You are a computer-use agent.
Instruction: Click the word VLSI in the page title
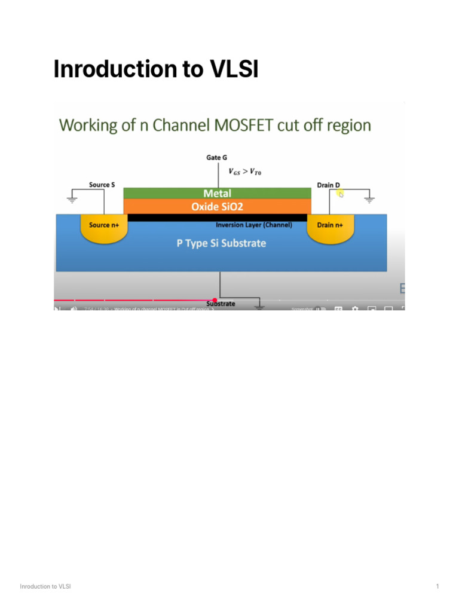pos(234,70)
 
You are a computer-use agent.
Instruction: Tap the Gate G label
pos(217,158)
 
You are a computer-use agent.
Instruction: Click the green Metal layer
pos(217,193)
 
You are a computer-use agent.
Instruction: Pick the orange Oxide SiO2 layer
pos(217,206)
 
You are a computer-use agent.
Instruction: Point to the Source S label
pos(102,185)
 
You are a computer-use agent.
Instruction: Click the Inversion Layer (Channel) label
pos(253,225)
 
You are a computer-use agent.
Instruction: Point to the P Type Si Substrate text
pos(221,243)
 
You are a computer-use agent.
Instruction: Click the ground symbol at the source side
pos(72,199)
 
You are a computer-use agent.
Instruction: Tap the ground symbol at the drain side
pos(369,198)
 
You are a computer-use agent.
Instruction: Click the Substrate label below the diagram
pos(221,304)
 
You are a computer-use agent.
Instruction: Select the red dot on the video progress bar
pos(215,300)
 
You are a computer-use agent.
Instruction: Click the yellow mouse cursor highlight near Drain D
pos(339,192)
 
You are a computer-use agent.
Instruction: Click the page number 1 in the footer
pos(437,586)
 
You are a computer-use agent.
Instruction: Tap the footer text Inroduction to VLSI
pos(45,586)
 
